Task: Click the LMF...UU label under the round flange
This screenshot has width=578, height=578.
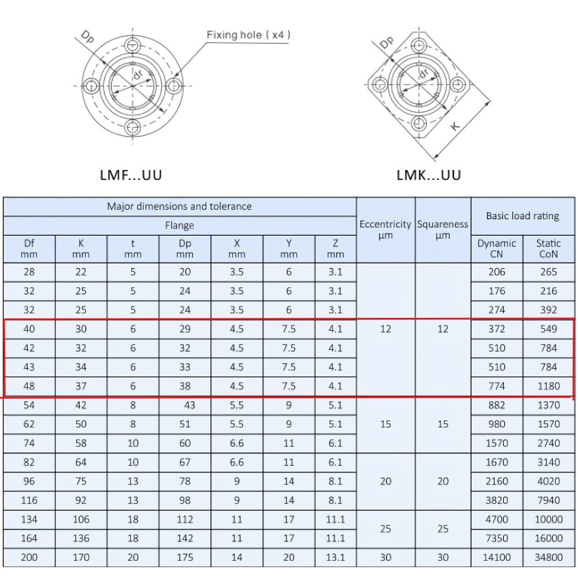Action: point(131,175)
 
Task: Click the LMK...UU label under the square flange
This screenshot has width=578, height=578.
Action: point(429,175)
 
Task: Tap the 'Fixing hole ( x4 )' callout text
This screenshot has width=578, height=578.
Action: point(249,35)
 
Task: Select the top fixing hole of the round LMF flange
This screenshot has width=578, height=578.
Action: point(133,46)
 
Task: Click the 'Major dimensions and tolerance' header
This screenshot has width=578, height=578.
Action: point(179,206)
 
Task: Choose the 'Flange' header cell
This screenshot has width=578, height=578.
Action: point(179,225)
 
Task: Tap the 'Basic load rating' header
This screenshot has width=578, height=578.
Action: point(523,216)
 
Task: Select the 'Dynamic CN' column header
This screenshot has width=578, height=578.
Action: point(497,249)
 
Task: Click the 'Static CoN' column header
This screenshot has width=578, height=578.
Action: point(549,249)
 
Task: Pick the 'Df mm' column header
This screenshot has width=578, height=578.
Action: point(29,249)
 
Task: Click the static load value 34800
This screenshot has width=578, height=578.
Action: point(549,557)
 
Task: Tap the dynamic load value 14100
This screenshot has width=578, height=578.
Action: point(497,557)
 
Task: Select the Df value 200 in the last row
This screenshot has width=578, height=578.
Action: point(29,557)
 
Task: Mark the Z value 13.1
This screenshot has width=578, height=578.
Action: point(335,557)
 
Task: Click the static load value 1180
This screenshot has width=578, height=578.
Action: point(549,386)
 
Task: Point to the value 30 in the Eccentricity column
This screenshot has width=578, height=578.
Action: point(386,557)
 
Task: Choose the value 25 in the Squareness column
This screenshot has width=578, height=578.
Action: point(443,529)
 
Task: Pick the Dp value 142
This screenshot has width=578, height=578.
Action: point(185,538)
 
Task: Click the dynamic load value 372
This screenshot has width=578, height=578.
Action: point(497,329)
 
